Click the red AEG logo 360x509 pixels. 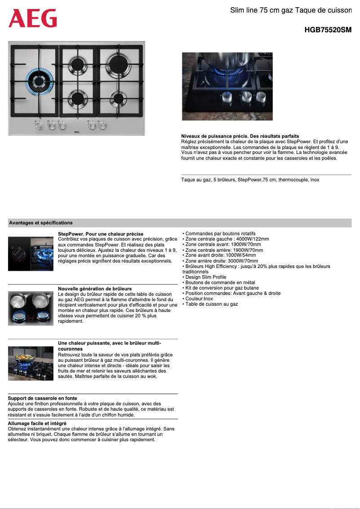(33, 18)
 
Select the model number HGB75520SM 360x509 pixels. (328, 30)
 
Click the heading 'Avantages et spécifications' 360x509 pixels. (40, 223)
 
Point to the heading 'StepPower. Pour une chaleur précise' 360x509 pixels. (101, 234)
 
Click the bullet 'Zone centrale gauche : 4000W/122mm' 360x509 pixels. (227, 239)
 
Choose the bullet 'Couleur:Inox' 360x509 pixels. (199, 298)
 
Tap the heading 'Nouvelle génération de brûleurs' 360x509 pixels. (95, 289)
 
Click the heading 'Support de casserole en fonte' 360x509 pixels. (42, 398)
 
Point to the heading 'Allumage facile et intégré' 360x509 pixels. (37, 423)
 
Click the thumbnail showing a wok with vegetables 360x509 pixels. (31, 364)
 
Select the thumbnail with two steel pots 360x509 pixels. (31, 308)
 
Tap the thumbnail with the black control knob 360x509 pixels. (19, 254)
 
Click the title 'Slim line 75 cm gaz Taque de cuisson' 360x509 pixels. (291, 10)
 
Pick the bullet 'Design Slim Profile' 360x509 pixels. (206, 277)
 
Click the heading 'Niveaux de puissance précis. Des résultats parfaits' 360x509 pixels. (240, 136)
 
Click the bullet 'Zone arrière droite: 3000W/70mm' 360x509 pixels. (221, 261)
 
